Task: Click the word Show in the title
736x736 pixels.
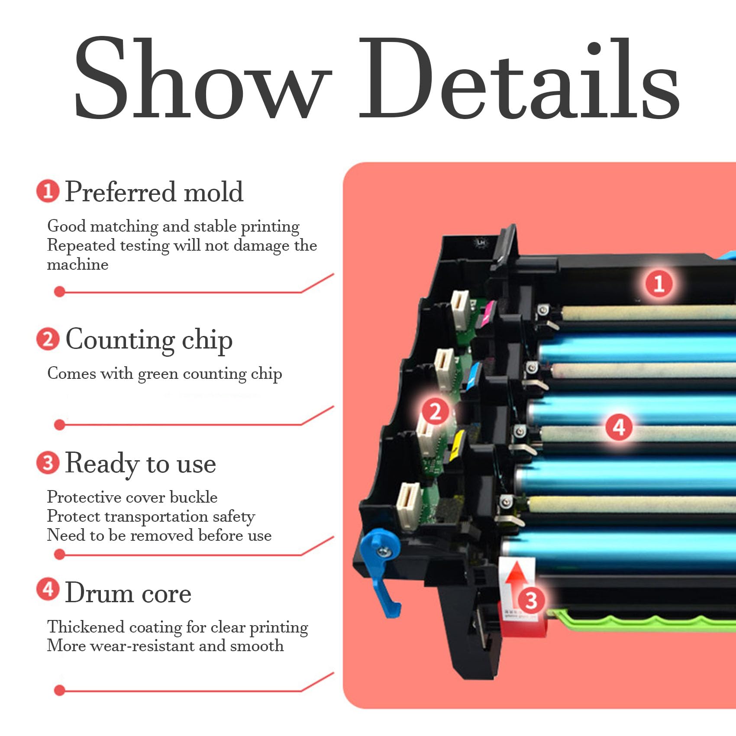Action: (201, 78)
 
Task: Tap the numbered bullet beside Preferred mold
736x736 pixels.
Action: (48, 191)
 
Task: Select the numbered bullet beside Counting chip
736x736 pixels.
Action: (48, 339)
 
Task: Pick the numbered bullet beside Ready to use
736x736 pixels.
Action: (48, 463)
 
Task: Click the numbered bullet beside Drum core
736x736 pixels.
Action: (48, 590)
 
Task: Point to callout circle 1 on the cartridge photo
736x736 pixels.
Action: (659, 284)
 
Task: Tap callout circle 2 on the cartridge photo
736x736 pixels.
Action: (435, 411)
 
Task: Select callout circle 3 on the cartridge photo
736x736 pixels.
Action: (531, 600)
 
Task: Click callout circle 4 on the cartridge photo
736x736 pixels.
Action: (619, 427)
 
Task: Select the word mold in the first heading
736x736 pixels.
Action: (213, 192)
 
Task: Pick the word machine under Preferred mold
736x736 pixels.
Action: (77, 265)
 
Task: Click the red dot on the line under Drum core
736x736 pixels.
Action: (60, 690)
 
